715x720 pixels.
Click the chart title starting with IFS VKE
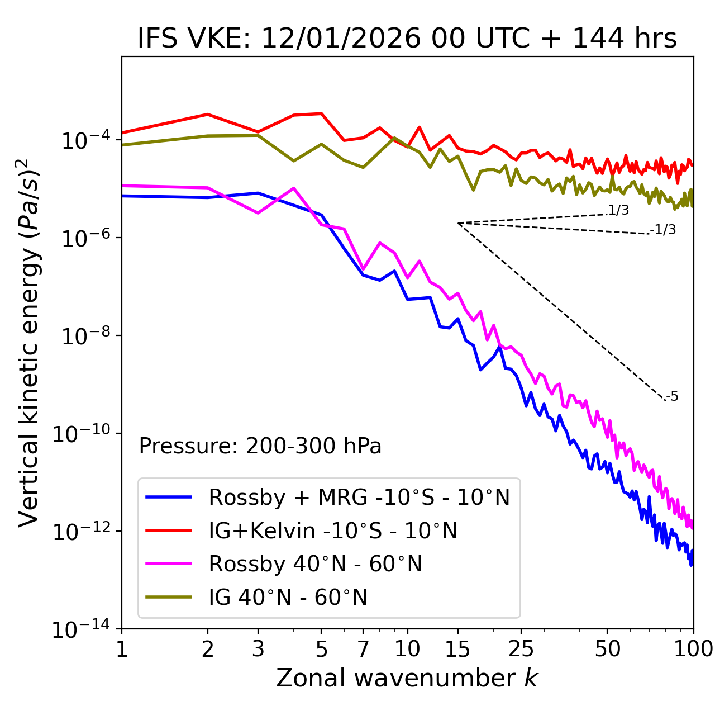tap(407, 39)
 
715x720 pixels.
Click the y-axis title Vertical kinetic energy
tap(29, 342)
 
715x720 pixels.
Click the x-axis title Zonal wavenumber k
tap(407, 678)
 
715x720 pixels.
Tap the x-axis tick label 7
tap(363, 649)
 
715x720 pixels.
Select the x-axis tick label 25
tap(521, 649)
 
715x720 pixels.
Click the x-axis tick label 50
tap(607, 649)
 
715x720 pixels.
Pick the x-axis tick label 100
tap(693, 649)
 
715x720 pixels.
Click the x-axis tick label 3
tap(258, 649)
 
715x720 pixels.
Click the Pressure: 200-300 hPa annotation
tap(260, 446)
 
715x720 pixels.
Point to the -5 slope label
tap(672, 396)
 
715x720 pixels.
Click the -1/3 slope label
tap(663, 229)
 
